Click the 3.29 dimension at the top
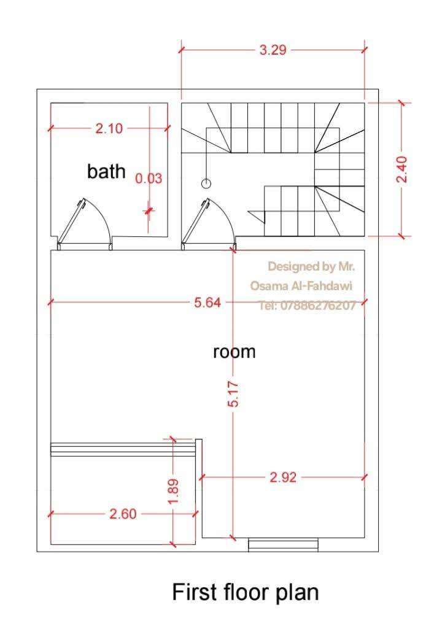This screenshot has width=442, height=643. [273, 50]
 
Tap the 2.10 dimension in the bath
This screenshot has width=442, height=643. [109, 129]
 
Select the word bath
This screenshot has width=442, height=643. [106, 171]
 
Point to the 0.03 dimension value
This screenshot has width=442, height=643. [149, 179]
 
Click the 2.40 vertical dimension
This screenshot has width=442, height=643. [402, 169]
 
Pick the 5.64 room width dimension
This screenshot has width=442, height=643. [207, 302]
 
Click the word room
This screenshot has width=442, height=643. [234, 352]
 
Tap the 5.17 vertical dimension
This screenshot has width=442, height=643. [233, 394]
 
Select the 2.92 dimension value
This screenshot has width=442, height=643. [283, 477]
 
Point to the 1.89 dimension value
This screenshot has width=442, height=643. [173, 491]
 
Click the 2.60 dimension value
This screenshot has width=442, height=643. [123, 514]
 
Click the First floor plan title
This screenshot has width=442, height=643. [246, 592]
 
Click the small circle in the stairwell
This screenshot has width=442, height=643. [206, 183]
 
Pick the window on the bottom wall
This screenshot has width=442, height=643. [283, 545]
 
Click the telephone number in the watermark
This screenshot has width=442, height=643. [307, 305]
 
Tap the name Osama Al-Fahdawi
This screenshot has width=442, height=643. [301, 286]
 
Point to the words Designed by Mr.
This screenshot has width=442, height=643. [311, 266]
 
